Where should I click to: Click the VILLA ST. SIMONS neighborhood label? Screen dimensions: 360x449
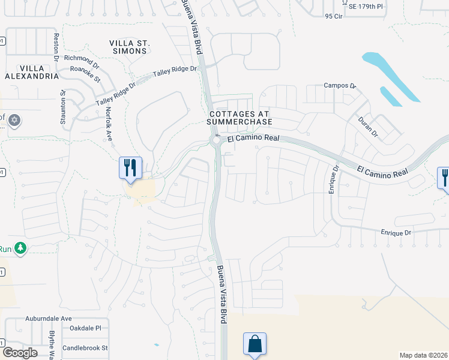pos(128,47)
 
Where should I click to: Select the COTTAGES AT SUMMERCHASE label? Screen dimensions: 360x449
pos(240,118)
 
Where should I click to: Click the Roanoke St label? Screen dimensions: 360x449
pos(85,73)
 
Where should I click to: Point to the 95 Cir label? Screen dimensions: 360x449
pos(333,17)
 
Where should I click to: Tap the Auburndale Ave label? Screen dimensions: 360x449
pos(49,319)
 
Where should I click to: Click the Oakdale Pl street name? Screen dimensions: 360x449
pos(85,328)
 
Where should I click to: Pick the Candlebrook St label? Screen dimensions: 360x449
pos(85,347)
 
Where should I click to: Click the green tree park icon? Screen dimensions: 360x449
pos(20,248)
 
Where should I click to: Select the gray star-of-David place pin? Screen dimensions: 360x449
pos(15,121)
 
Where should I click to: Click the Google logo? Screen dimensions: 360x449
pos(20,352)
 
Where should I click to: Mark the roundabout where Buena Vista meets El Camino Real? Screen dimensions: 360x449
pos(215,141)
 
